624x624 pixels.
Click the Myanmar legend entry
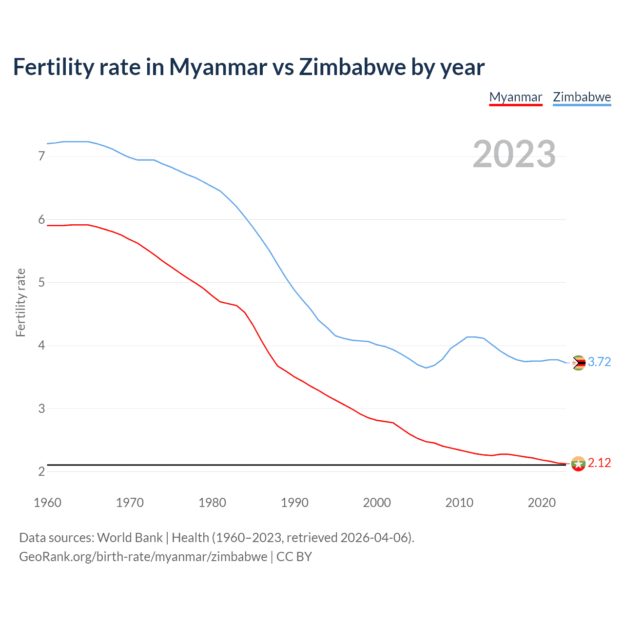point(516,97)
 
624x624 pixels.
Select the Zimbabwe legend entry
point(582,97)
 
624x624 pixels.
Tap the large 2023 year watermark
point(514,154)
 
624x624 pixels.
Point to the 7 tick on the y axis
point(41,156)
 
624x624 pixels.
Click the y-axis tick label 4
point(41,346)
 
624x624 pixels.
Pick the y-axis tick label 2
point(41,471)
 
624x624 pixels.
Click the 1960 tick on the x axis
point(47,503)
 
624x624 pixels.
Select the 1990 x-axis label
point(294,503)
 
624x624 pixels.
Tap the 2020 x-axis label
point(542,503)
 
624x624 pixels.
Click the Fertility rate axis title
point(20,302)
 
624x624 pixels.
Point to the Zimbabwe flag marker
point(578,363)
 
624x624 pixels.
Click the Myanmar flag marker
point(578,464)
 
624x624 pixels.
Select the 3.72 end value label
point(599,362)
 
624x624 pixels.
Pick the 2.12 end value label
point(599,463)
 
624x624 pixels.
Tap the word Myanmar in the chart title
point(218,67)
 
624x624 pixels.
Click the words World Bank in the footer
point(130,538)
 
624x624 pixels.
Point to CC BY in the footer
point(294,557)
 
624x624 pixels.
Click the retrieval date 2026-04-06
point(374,538)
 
